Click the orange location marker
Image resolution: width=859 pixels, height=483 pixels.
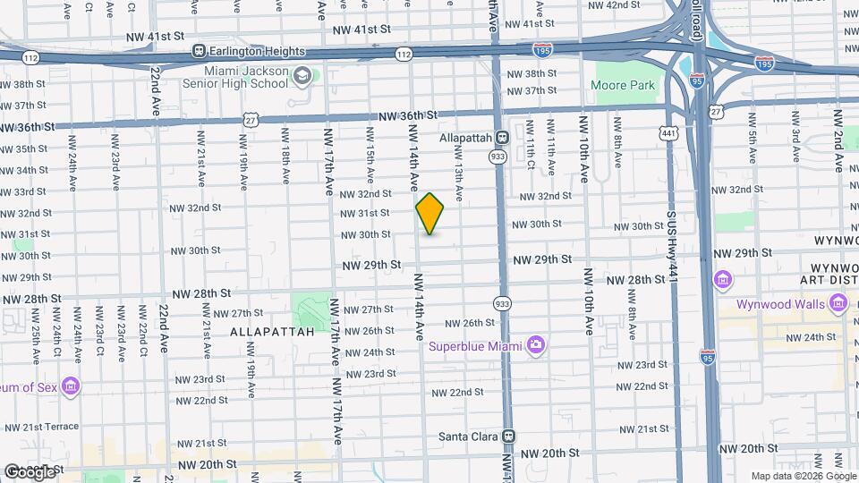pos(430,214)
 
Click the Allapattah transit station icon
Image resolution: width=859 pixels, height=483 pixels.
pos(502,138)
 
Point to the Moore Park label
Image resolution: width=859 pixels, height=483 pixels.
pos(624,86)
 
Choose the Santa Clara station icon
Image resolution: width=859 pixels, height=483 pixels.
pos(508,436)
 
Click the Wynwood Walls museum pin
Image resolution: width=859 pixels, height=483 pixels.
pos(838,304)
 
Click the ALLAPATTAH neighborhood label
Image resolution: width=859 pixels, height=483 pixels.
pos(272,331)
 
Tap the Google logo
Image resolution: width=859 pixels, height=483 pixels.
pos(30,471)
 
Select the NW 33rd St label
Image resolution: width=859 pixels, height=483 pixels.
pos(23,191)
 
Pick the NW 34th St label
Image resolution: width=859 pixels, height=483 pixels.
pos(23,170)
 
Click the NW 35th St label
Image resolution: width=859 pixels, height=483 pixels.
pos(23,148)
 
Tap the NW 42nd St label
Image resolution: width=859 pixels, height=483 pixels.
pos(616,4)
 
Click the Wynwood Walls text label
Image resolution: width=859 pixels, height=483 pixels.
pos(779,304)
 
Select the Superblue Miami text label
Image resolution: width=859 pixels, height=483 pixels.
pos(475,346)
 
